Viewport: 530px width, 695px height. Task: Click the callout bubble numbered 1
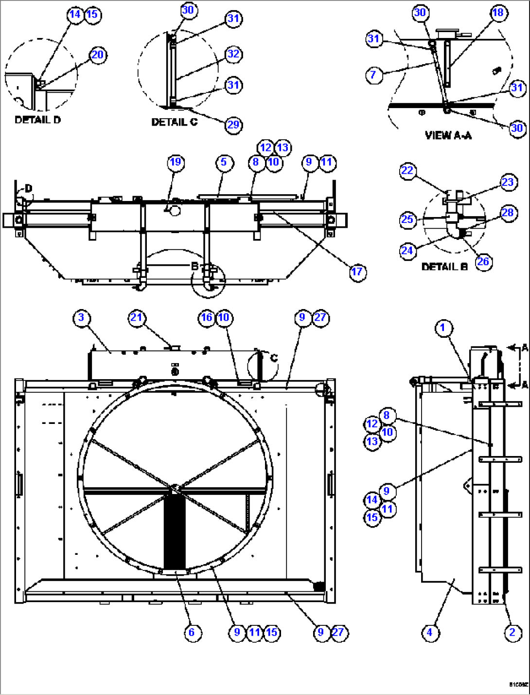click(x=442, y=328)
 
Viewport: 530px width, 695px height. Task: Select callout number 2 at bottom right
click(x=512, y=632)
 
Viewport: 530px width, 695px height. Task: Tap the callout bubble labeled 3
click(x=81, y=318)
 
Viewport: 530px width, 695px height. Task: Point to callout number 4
click(x=429, y=632)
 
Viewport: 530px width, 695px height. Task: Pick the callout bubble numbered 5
click(x=224, y=162)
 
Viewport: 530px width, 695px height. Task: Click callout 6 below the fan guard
click(x=192, y=632)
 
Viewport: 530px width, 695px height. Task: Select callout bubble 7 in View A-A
click(x=373, y=75)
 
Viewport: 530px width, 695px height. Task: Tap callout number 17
click(x=357, y=272)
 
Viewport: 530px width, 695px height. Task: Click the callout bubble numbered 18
click(x=498, y=13)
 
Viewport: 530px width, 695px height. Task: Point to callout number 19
click(x=176, y=162)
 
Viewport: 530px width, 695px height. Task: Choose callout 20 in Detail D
click(x=98, y=55)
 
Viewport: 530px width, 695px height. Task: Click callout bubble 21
click(x=137, y=318)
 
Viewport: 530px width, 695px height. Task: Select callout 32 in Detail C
click(x=233, y=54)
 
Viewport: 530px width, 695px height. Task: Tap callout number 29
click(x=233, y=125)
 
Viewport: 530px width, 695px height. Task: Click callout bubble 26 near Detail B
click(x=483, y=261)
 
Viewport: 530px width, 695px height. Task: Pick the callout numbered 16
click(x=207, y=318)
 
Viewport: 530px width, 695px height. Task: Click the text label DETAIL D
click(x=38, y=120)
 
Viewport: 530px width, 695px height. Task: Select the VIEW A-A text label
click(x=448, y=135)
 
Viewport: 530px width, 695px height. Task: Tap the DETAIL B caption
click(x=444, y=267)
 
